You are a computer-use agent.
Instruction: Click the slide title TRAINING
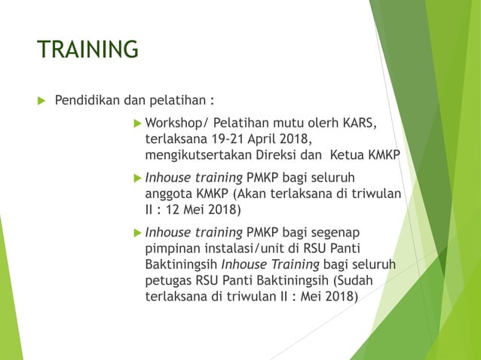pos(88,50)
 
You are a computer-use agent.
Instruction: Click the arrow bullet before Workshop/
pos(136,124)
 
